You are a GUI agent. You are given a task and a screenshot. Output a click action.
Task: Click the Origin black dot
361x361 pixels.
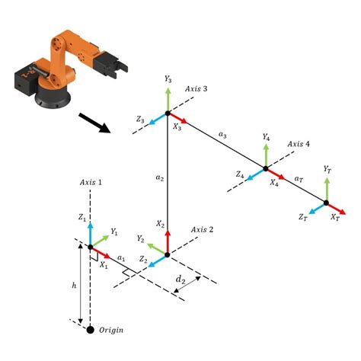tap(91, 329)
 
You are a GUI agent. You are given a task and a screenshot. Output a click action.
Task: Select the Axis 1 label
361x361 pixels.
tap(95, 182)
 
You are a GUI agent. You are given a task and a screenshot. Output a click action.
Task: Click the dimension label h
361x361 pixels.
tap(74, 286)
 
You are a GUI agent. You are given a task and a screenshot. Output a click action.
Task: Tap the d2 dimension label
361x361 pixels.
tap(180, 280)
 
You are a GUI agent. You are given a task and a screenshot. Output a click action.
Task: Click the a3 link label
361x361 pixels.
tap(222, 135)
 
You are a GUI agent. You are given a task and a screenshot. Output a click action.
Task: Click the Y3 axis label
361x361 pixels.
tap(168, 79)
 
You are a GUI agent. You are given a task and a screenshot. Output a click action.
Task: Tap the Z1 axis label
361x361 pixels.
tap(81, 217)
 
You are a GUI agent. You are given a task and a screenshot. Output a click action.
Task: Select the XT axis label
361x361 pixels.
tap(334, 219)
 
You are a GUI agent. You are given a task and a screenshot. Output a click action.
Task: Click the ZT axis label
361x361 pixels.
tap(302, 218)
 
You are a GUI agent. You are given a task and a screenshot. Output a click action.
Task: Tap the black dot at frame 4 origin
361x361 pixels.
tap(265, 168)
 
